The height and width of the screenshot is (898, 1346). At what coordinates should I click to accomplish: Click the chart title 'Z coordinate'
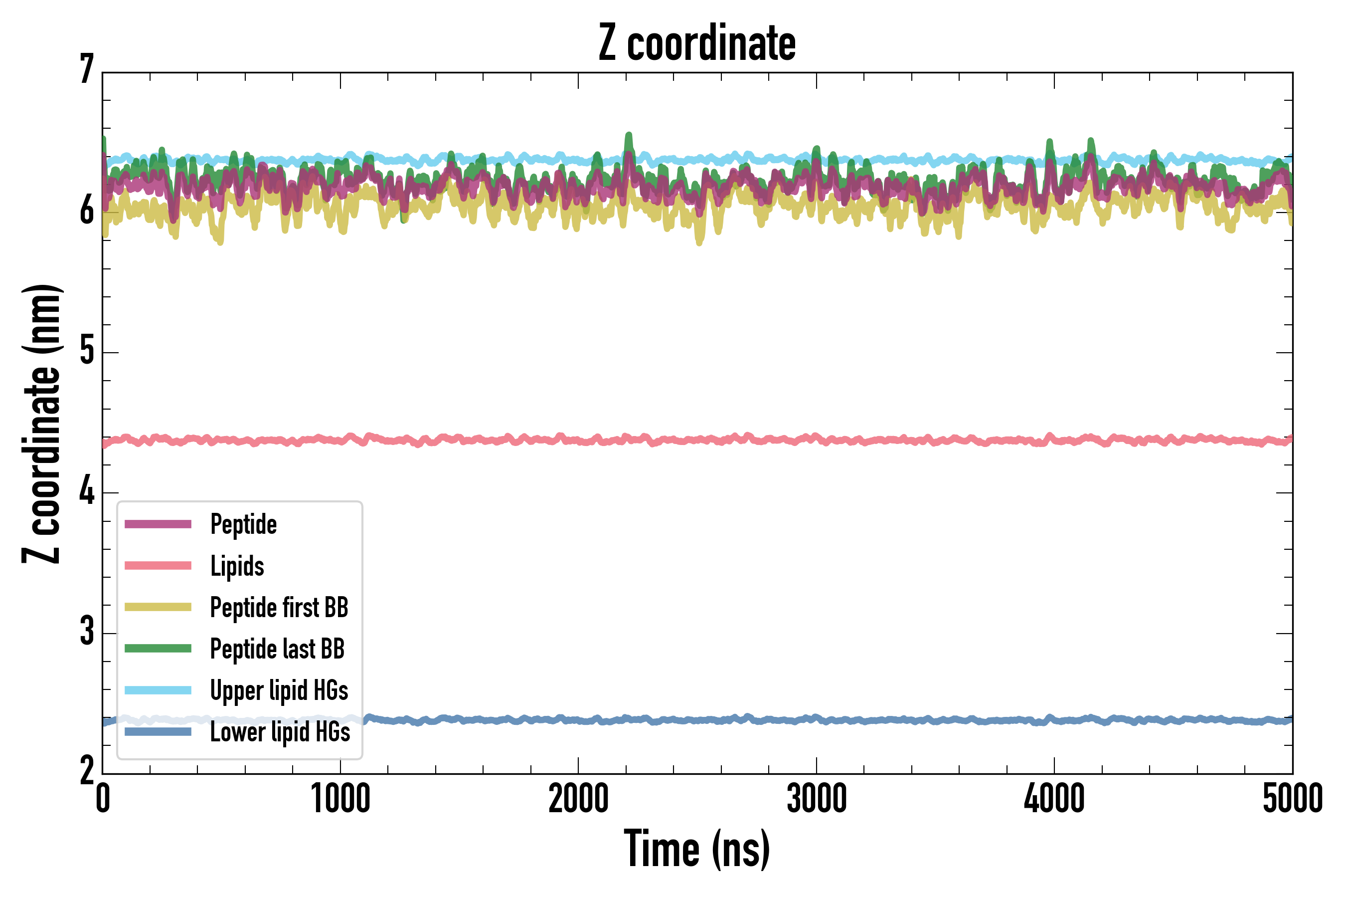(x=696, y=43)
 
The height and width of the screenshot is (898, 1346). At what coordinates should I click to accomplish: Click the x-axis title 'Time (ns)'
(x=696, y=849)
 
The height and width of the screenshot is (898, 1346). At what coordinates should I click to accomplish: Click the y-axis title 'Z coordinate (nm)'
(x=41, y=424)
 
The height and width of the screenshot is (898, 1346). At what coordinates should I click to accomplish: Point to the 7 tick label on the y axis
(x=87, y=70)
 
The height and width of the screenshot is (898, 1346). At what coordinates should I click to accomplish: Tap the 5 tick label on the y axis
(x=87, y=351)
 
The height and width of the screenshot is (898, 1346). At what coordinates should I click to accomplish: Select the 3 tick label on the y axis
(x=87, y=632)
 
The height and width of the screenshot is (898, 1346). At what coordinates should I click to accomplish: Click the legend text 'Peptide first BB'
(x=279, y=608)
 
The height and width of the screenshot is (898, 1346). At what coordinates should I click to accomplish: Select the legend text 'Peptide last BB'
(x=277, y=649)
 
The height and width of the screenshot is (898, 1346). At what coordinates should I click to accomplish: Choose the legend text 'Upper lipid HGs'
(x=279, y=690)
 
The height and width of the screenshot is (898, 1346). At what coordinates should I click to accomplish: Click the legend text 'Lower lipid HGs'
(x=280, y=732)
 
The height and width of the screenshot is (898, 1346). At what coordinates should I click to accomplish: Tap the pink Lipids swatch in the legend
(x=158, y=566)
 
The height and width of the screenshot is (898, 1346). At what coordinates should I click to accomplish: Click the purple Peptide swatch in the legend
(x=158, y=524)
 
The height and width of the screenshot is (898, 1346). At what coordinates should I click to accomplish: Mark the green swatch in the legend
(x=158, y=648)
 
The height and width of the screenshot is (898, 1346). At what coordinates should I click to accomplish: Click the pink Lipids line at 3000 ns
(x=816, y=438)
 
